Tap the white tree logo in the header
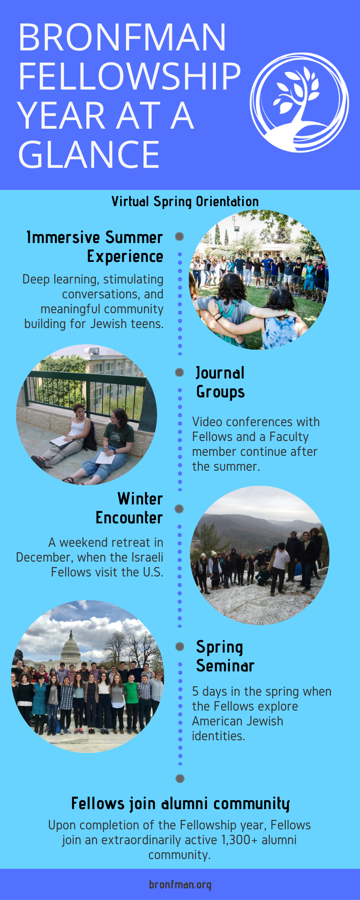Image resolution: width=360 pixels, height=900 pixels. tap(299, 103)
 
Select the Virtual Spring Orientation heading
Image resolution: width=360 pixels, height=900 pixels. tap(185, 202)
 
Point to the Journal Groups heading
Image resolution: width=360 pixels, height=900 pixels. tap(220, 382)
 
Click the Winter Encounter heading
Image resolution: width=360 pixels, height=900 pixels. tap(129, 508)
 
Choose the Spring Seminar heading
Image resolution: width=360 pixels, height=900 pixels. tap(225, 657)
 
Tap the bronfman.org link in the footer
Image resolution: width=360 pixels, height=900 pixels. tap(180, 884)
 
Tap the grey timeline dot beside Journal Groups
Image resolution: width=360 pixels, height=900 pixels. tap(180, 372)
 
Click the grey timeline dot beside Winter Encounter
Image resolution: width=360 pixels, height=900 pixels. tap(179, 508)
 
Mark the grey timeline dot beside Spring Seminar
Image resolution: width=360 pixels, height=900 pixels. tap(180, 646)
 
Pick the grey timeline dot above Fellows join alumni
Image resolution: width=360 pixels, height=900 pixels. tap(180, 778)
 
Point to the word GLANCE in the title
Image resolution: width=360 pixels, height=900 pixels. tap(89, 154)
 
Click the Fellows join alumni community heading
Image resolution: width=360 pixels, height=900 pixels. tap(180, 803)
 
